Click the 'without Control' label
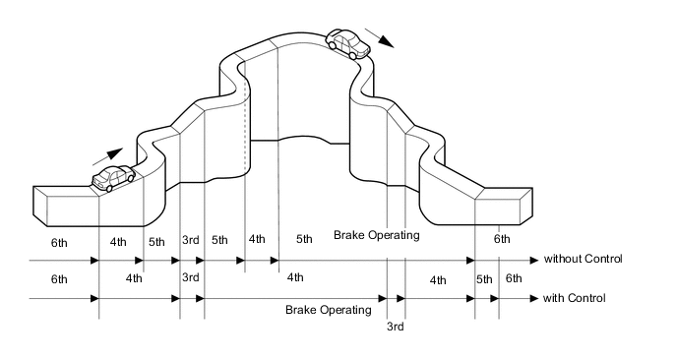(583, 259)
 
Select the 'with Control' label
(575, 298)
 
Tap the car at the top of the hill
(348, 43)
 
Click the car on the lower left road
(113, 178)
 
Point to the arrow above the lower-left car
(108, 156)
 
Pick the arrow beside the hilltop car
(380, 37)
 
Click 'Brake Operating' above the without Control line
(377, 235)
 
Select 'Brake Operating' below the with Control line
(328, 310)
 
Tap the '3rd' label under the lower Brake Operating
(395, 327)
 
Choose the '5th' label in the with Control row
(484, 279)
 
